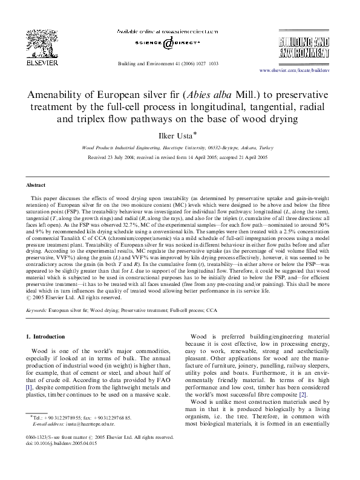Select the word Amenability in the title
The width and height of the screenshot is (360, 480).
click(55, 96)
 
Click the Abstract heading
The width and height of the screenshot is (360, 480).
click(36, 184)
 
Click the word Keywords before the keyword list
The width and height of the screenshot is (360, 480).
click(37, 293)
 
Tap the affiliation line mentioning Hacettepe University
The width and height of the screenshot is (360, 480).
click(179, 147)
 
